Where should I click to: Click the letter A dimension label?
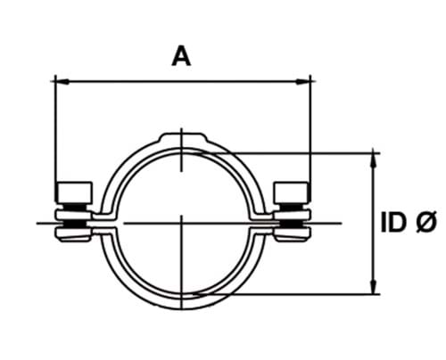(181, 56)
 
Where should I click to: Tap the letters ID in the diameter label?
(394, 223)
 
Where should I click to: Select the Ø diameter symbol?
(424, 223)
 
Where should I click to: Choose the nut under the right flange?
(291, 233)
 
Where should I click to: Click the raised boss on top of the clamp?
(183, 139)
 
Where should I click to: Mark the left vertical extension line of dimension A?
(54, 134)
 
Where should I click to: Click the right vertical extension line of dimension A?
(312, 134)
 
